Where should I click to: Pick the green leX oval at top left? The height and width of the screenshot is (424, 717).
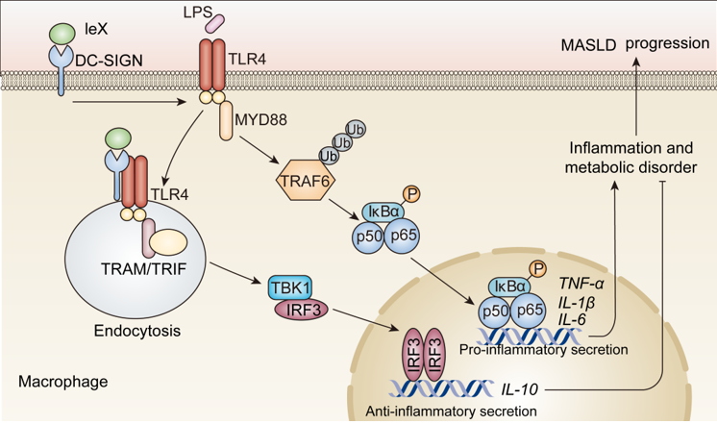pyautogui.click(x=62, y=34)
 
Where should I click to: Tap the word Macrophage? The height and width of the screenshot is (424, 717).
pyautogui.click(x=63, y=382)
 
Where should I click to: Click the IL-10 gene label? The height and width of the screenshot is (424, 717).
pyautogui.click(x=520, y=389)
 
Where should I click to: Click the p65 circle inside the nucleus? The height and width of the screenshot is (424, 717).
pyautogui.click(x=526, y=310)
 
